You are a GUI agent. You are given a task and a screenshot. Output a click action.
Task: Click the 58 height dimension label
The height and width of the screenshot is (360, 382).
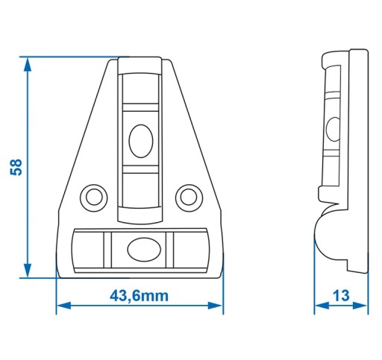[x=16, y=167]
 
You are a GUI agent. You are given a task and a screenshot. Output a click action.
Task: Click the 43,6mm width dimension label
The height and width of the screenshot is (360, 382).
[x=139, y=296]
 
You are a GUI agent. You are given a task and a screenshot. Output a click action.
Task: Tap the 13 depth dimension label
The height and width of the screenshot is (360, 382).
[x=341, y=296]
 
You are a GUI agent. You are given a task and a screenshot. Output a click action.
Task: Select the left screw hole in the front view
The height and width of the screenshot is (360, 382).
[x=94, y=198]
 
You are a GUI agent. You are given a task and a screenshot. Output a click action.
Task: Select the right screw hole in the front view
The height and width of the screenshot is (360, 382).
[x=189, y=198]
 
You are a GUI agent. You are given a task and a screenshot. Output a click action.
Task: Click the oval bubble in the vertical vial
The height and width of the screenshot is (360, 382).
[x=141, y=141]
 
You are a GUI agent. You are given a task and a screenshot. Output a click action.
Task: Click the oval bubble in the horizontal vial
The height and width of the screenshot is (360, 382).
[x=144, y=250]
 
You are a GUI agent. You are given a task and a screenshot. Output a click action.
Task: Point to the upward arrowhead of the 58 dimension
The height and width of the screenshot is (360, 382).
[x=28, y=65]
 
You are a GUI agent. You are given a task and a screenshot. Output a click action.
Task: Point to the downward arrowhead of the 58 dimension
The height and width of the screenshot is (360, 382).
[x=28, y=270]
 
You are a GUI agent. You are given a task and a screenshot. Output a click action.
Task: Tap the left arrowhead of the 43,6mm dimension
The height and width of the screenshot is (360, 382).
[x=64, y=306]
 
